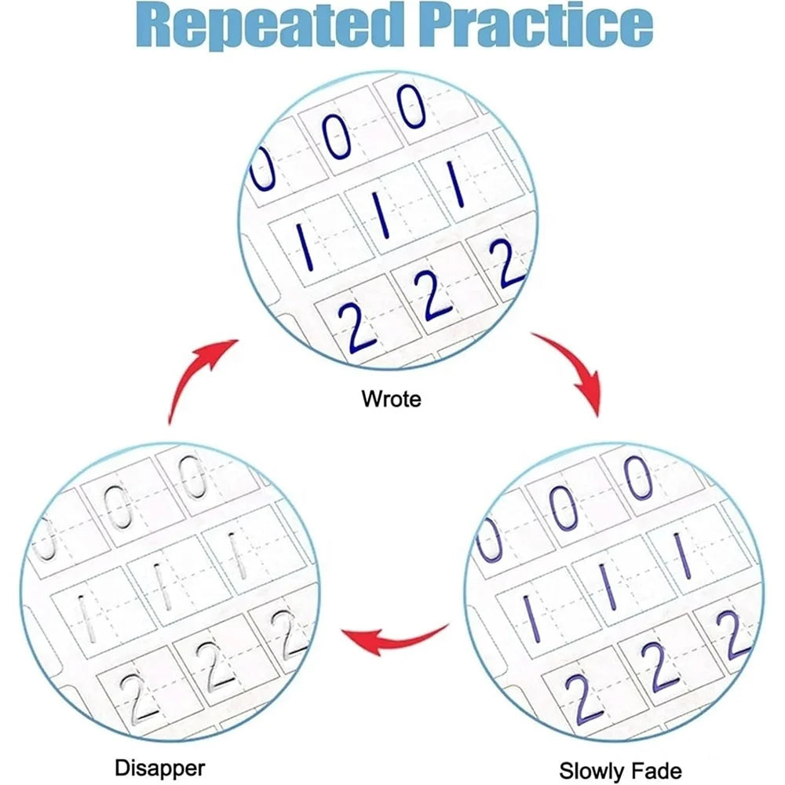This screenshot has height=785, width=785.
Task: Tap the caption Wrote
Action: [391, 399]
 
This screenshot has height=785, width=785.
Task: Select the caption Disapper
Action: [159, 768]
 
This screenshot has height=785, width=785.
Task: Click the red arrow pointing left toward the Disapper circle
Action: [396, 638]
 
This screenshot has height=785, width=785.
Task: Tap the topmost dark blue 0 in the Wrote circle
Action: [411, 106]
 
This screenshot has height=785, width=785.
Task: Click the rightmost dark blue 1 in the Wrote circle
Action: [457, 184]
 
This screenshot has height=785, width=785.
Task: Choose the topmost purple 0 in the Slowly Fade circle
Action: [638, 477]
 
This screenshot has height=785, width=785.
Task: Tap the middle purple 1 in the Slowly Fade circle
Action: [608, 586]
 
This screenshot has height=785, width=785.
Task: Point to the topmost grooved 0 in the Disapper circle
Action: [193, 476]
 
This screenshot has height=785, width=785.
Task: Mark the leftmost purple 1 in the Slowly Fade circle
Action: [532, 619]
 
